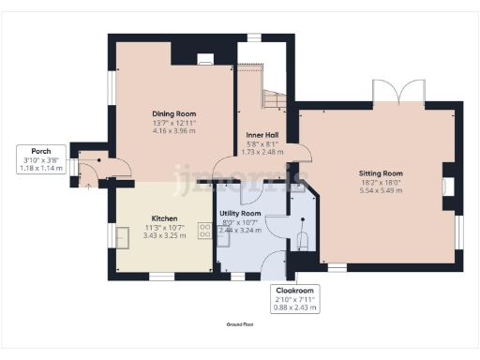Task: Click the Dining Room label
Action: tap(173, 113)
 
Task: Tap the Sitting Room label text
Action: tap(380, 173)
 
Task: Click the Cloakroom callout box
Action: tap(293, 297)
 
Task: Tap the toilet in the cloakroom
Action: tap(301, 240)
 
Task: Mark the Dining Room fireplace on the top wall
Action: tap(204, 59)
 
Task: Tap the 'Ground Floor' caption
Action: tap(240, 323)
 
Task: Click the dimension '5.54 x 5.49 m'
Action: tap(380, 190)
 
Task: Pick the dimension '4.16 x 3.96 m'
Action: tap(173, 130)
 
